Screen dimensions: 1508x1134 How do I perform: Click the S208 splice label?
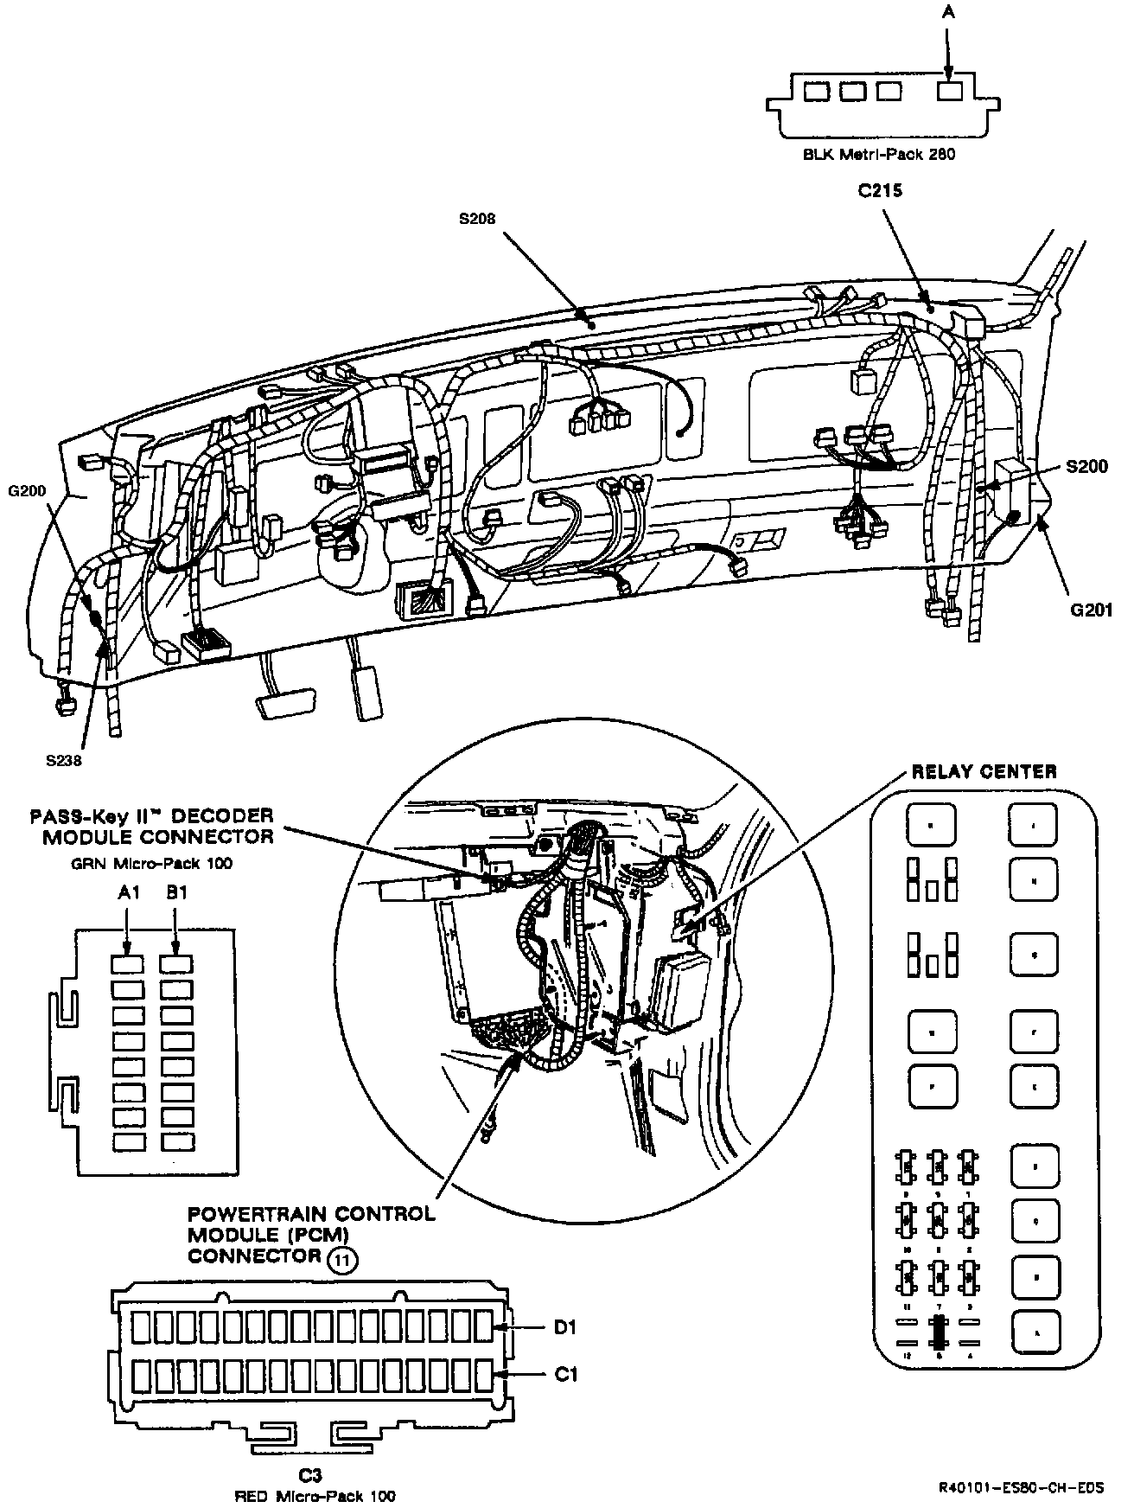click(x=476, y=220)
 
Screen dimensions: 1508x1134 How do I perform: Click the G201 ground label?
click(x=1090, y=610)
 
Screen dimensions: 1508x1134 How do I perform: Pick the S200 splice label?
click(x=1086, y=467)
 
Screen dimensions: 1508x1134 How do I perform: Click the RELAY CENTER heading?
click(x=984, y=772)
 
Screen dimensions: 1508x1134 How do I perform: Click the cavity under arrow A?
click(x=950, y=91)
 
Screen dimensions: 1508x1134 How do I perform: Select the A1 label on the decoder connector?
click(x=128, y=893)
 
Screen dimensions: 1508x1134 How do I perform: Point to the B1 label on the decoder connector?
click(x=176, y=893)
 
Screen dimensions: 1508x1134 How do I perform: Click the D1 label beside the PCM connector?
click(x=565, y=1327)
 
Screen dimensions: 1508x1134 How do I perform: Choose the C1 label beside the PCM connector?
click(x=565, y=1373)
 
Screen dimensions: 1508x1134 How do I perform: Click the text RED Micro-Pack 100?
click(x=315, y=1496)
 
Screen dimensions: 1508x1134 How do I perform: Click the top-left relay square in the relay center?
click(x=931, y=824)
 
